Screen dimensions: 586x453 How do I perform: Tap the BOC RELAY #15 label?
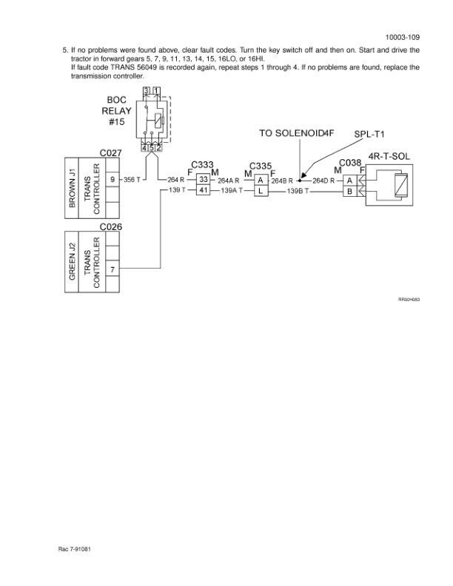click(x=117, y=112)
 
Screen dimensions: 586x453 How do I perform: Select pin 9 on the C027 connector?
click(x=111, y=179)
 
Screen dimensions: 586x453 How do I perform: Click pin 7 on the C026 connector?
click(x=111, y=269)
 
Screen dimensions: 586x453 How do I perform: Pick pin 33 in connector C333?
click(x=202, y=179)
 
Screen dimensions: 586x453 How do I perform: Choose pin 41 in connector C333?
click(x=202, y=191)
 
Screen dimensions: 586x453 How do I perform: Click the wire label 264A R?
click(x=228, y=180)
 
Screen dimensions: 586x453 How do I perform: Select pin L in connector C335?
click(x=261, y=191)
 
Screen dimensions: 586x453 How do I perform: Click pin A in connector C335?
click(x=261, y=180)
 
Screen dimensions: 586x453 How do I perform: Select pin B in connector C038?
click(x=349, y=191)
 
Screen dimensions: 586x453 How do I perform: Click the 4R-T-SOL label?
click(x=389, y=157)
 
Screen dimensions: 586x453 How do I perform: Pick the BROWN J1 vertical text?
click(x=73, y=189)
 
